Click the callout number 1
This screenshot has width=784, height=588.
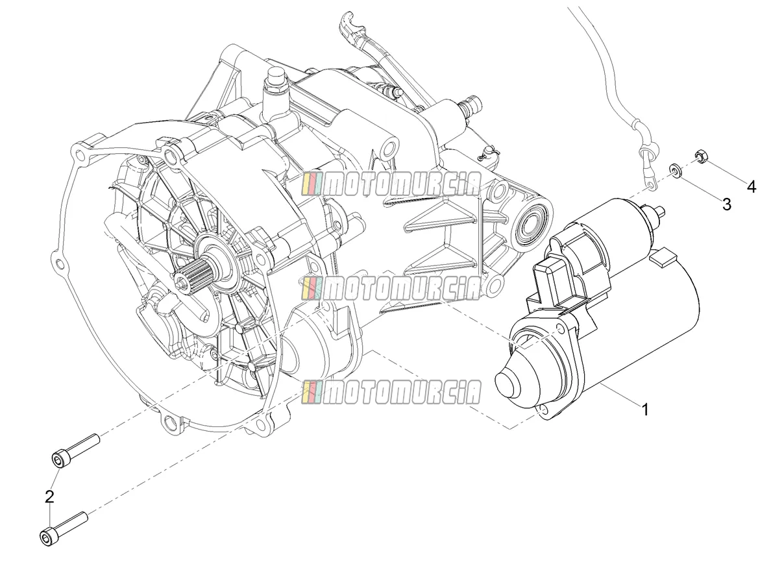point(644,410)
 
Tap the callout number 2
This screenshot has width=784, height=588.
point(49,496)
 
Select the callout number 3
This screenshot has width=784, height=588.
point(726,204)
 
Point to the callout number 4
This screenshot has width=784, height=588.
point(751,187)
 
